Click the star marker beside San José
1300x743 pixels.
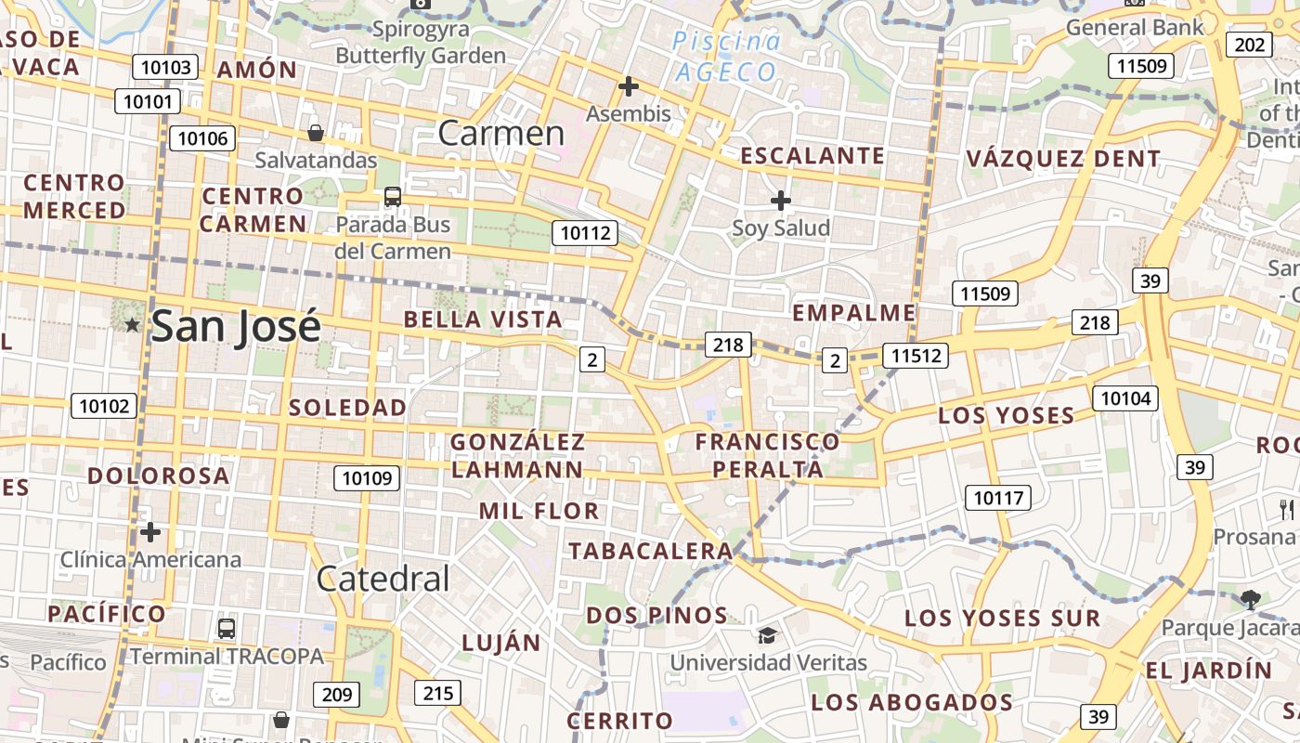coord(133,324)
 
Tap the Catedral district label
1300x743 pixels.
coord(383,579)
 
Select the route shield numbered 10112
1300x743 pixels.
coord(585,233)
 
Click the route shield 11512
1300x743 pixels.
coord(915,355)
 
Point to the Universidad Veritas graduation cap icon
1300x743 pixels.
coord(767,635)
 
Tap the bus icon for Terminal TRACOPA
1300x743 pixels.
coord(227,628)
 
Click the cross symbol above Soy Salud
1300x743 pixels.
coord(781,200)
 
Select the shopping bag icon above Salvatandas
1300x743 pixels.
coord(316,133)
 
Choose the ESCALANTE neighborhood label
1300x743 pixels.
coord(812,156)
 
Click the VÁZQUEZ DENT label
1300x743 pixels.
coord(1063,159)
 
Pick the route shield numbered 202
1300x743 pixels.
coord(1249,45)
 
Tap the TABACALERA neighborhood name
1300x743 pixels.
coord(651,551)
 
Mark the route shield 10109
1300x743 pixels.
coord(367,478)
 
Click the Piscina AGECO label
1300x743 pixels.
coord(726,57)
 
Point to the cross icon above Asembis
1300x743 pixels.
coord(629,86)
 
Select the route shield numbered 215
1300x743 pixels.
coord(437,692)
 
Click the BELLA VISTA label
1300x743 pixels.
coord(483,319)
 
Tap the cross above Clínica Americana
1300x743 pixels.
coord(150,532)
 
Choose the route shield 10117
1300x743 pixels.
coord(998,498)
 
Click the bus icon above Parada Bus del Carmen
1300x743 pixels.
coord(393,197)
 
